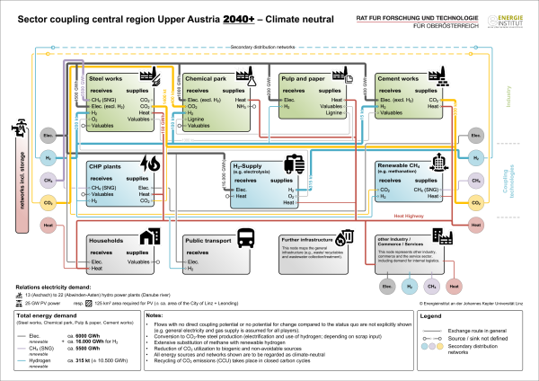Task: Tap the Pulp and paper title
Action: [307, 78]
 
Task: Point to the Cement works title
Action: [401, 78]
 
